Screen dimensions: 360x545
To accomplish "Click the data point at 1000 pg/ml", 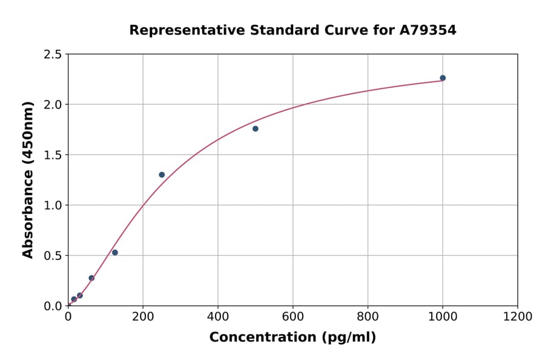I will coord(443,78).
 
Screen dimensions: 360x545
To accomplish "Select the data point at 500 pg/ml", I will coord(256,128).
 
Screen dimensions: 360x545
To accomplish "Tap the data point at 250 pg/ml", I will coord(162,175).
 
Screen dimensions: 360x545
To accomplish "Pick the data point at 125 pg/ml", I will coord(115,253).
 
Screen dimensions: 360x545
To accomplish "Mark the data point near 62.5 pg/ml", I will coord(91,278).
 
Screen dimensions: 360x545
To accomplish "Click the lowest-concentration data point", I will coord(74,299).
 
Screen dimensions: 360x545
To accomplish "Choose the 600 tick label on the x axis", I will coord(292,317).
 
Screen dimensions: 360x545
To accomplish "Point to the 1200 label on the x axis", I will coord(517,317).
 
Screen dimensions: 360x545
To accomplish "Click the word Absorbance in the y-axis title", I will coord(28,214).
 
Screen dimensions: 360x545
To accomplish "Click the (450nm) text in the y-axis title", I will coord(28,133).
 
